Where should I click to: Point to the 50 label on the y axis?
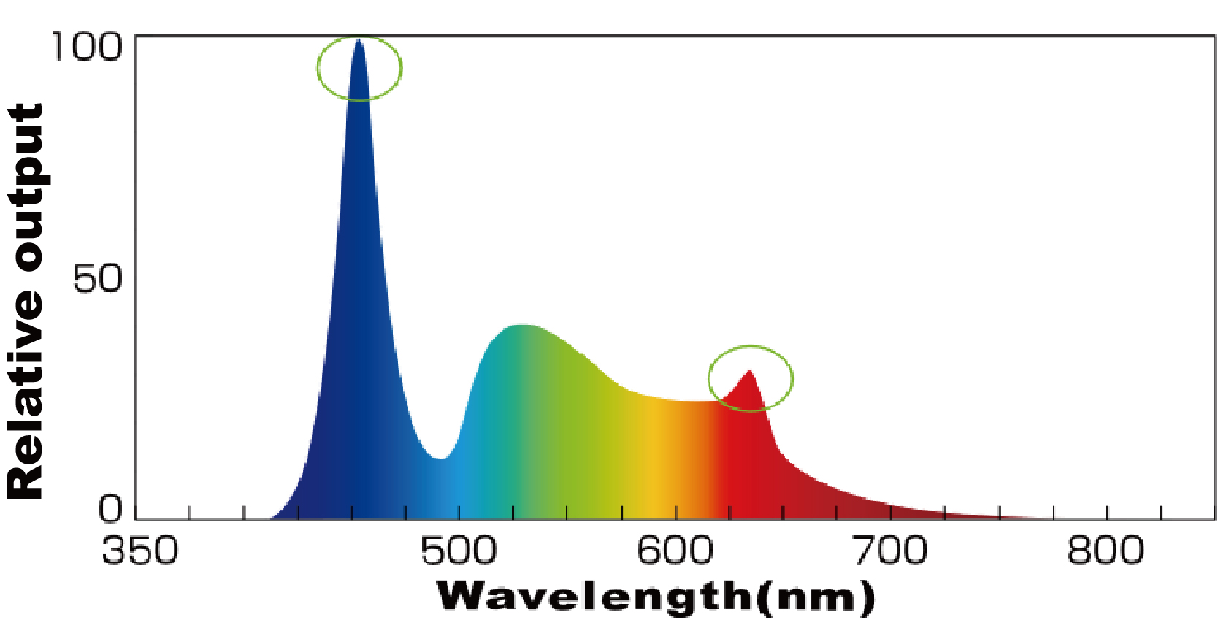tap(97, 279)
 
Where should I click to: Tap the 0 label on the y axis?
tap(110, 509)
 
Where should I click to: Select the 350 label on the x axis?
tap(139, 551)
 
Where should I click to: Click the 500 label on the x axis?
tap(459, 551)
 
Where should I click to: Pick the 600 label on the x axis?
tap(675, 551)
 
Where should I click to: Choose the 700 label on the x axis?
tap(890, 551)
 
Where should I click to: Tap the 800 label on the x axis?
tap(1105, 551)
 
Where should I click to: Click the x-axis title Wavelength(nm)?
tap(655, 597)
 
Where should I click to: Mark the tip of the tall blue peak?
tap(359, 41)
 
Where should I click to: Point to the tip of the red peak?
tap(749, 371)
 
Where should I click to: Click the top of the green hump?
tap(521, 326)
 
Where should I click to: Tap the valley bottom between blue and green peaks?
tap(442, 458)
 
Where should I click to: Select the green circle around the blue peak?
tap(318, 68)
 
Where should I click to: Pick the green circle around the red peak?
tap(792, 378)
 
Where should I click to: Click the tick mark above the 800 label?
tap(1107, 512)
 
